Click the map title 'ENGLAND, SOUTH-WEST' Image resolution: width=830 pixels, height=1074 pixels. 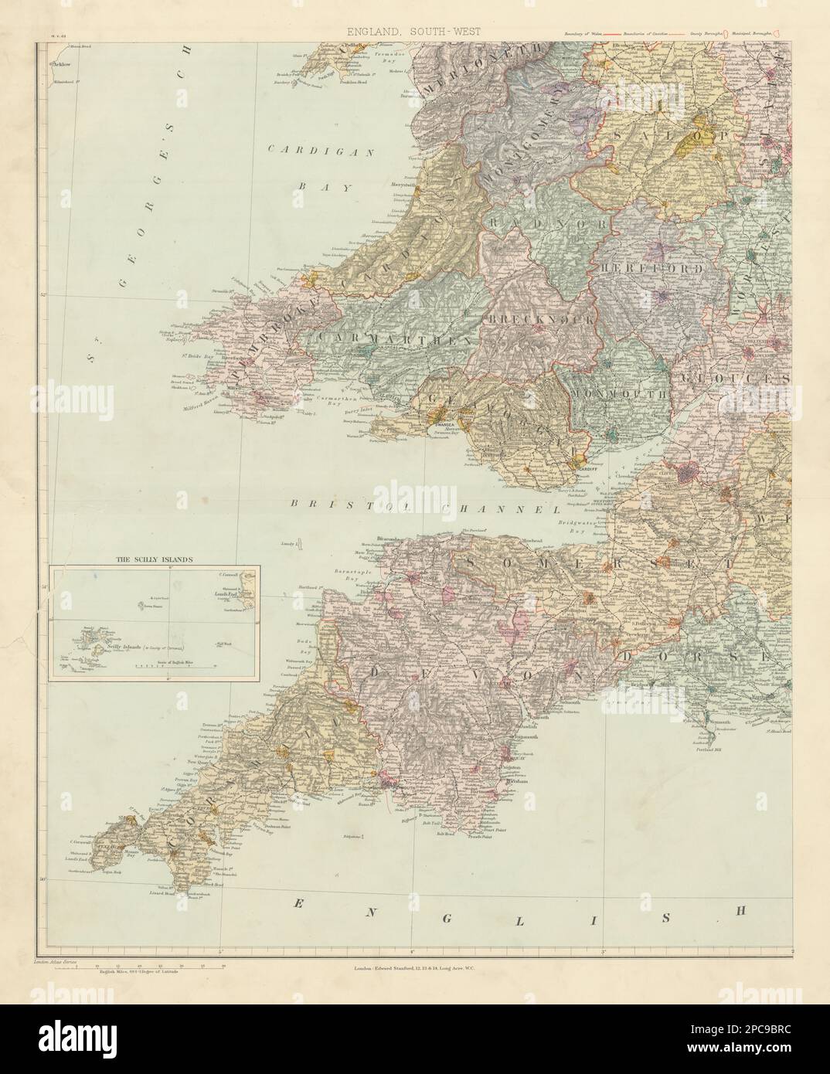[x=414, y=31]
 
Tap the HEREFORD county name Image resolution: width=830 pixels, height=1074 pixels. [x=649, y=270]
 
